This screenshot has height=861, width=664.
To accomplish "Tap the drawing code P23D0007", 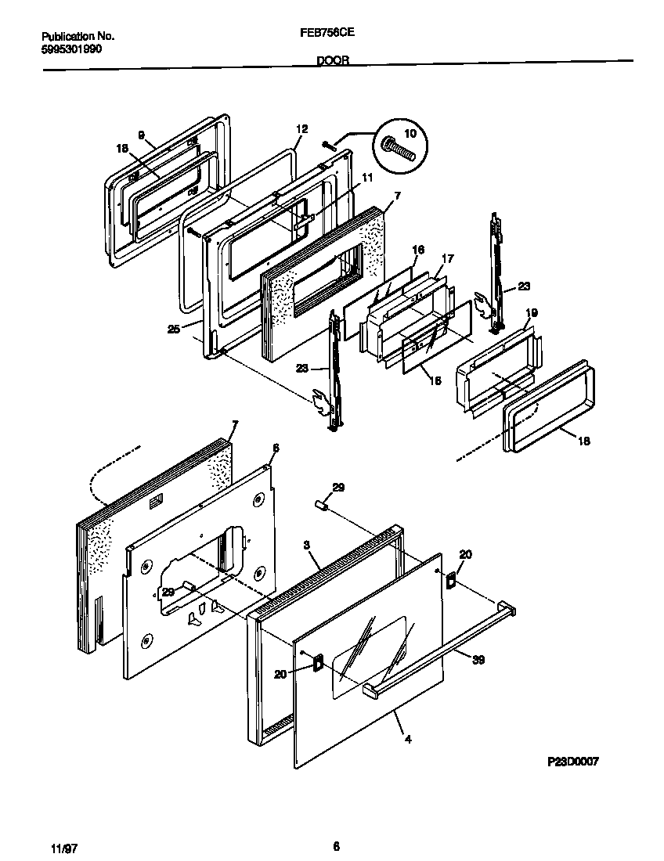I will pos(573,761).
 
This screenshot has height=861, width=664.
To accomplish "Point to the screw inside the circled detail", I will pos(399,146).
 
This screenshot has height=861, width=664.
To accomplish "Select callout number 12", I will pos(302,128).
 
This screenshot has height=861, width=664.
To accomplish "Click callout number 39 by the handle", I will pos(478,660).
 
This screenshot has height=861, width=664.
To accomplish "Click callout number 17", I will pos(447,258).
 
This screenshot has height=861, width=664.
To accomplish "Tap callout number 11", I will pos(366,178).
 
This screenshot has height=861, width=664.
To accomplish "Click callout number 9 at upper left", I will pos(142,135).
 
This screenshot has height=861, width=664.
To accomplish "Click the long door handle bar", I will pos(438,649).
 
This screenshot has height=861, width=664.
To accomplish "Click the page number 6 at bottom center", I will pos(335,845).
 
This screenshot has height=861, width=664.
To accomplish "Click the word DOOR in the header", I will pos(333,59).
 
